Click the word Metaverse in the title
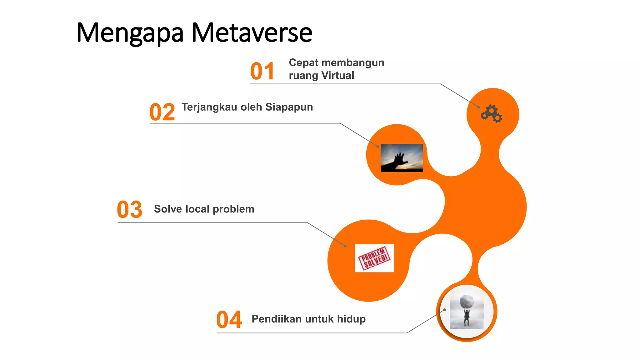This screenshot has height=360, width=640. point(252,33)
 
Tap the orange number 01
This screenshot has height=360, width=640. point(262,71)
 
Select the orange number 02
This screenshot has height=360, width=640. point(162,112)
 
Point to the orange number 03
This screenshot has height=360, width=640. point(129,209)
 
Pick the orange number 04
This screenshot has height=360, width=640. point(229,320)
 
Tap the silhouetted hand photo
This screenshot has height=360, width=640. point(402,158)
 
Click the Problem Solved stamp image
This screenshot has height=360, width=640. point(374,258)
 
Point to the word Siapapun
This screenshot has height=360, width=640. point(289,107)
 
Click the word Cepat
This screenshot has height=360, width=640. point(303,63)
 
